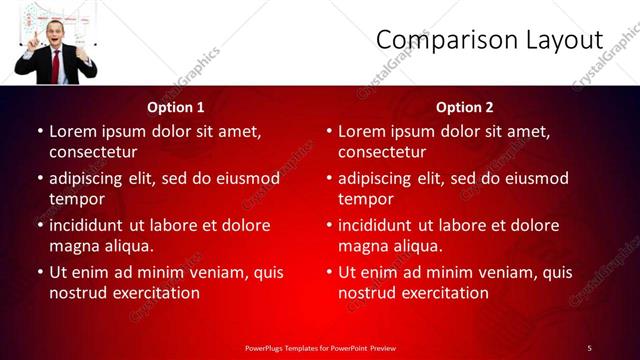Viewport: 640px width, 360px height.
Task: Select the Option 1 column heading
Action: tap(176, 107)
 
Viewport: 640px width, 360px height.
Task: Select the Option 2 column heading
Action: tap(465, 107)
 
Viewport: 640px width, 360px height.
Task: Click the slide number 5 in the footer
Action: tap(589, 347)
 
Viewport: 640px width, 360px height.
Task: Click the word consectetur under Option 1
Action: tap(93, 153)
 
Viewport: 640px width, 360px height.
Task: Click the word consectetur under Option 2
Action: tap(382, 153)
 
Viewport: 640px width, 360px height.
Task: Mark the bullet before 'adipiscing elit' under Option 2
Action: tap(329, 179)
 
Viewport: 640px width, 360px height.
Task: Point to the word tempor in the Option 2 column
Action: tap(366, 199)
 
